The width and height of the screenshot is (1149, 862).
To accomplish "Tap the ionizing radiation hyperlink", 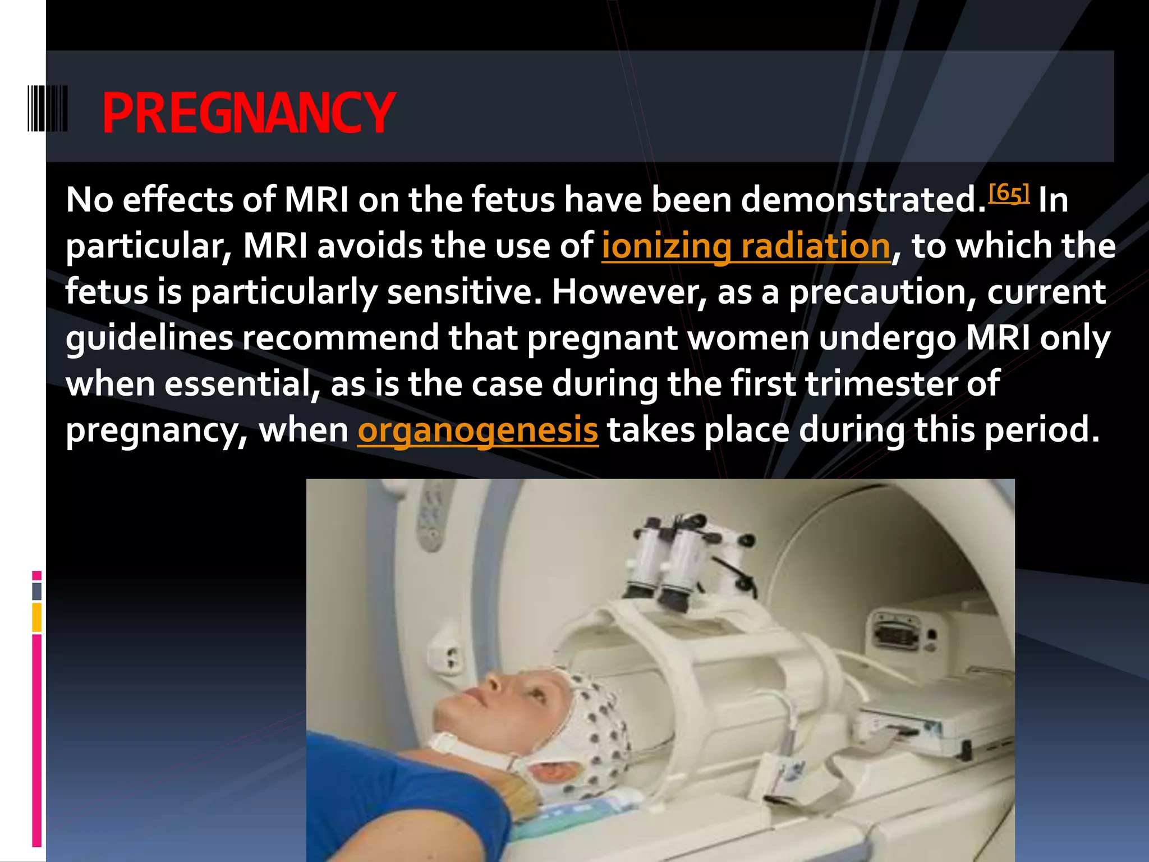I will click(746, 246).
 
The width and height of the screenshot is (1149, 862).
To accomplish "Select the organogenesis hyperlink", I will click(477, 430).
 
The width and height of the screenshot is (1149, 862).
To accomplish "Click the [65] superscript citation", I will click(1009, 193).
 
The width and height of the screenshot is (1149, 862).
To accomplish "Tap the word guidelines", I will click(149, 338).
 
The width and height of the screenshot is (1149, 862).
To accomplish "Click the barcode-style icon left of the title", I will click(48, 108).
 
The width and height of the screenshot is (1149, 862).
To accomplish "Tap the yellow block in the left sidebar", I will click(36, 617).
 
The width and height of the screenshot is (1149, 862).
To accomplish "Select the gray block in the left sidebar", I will click(36, 591).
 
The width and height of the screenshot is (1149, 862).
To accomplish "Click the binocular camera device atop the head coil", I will click(682, 561).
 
